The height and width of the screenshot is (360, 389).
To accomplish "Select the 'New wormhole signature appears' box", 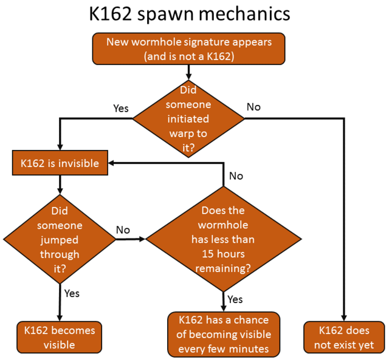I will pyautogui.click(x=188, y=49).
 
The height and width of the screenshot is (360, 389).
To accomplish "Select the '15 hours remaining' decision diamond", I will pyautogui.click(x=222, y=239).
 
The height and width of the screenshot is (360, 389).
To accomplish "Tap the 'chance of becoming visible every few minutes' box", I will pyautogui.click(x=224, y=334).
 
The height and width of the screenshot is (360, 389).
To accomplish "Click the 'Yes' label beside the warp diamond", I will pyautogui.click(x=122, y=108).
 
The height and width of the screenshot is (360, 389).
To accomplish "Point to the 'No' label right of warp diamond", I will pyautogui.click(x=253, y=107).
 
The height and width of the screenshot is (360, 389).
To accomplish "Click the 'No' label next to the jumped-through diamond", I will pyautogui.click(x=123, y=230).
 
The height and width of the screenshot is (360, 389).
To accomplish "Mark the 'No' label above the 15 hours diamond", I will pyautogui.click(x=236, y=176).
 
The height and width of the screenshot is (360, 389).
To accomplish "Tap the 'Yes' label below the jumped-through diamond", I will pyautogui.click(x=72, y=293).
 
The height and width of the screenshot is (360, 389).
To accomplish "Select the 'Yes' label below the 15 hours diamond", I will pyautogui.click(x=235, y=299).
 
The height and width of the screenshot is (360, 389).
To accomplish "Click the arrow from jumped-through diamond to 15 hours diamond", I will pyautogui.click(x=131, y=239).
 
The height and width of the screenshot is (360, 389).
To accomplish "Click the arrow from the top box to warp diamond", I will pyautogui.click(x=188, y=71).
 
